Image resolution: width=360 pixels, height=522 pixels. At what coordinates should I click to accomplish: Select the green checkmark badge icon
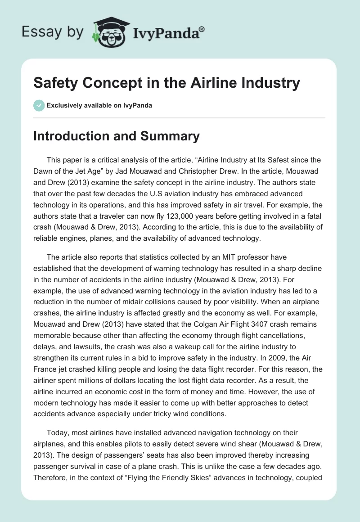click(x=39, y=105)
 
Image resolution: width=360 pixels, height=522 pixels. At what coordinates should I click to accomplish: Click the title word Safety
click(x=54, y=83)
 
